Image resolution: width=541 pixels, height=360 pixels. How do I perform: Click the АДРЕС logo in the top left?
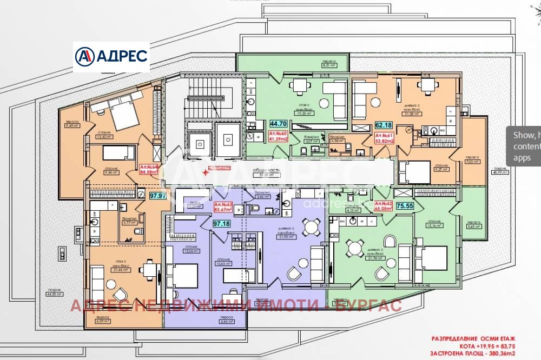[111, 56]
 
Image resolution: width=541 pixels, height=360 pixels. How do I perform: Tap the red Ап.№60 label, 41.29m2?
[278, 136]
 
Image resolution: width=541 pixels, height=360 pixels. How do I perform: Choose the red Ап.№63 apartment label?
[223, 207]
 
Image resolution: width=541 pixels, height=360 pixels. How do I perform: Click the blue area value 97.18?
[222, 223]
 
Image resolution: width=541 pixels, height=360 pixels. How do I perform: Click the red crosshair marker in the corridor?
[204, 172]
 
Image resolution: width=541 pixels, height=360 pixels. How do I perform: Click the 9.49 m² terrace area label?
[71, 124]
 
